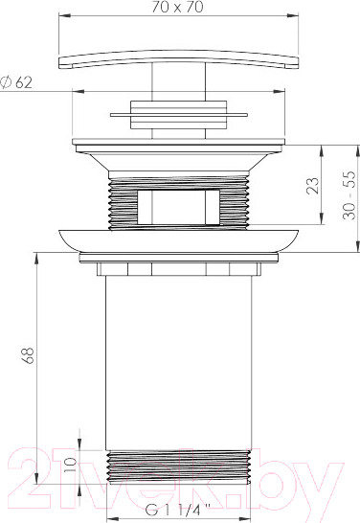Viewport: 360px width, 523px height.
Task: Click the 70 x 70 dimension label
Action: point(177,7)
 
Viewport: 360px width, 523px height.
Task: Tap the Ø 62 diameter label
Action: point(16,82)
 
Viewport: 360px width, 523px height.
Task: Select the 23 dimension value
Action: point(313,185)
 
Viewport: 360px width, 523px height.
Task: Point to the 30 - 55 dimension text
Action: point(349,195)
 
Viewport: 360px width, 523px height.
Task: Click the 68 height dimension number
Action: point(28,355)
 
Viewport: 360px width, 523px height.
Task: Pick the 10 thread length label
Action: point(70,465)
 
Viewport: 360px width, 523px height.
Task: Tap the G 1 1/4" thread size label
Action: point(178,510)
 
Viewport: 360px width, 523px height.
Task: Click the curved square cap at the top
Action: point(179,59)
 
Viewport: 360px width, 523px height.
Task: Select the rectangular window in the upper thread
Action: point(179,207)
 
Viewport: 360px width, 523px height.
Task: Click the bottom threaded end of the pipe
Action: point(179,466)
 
